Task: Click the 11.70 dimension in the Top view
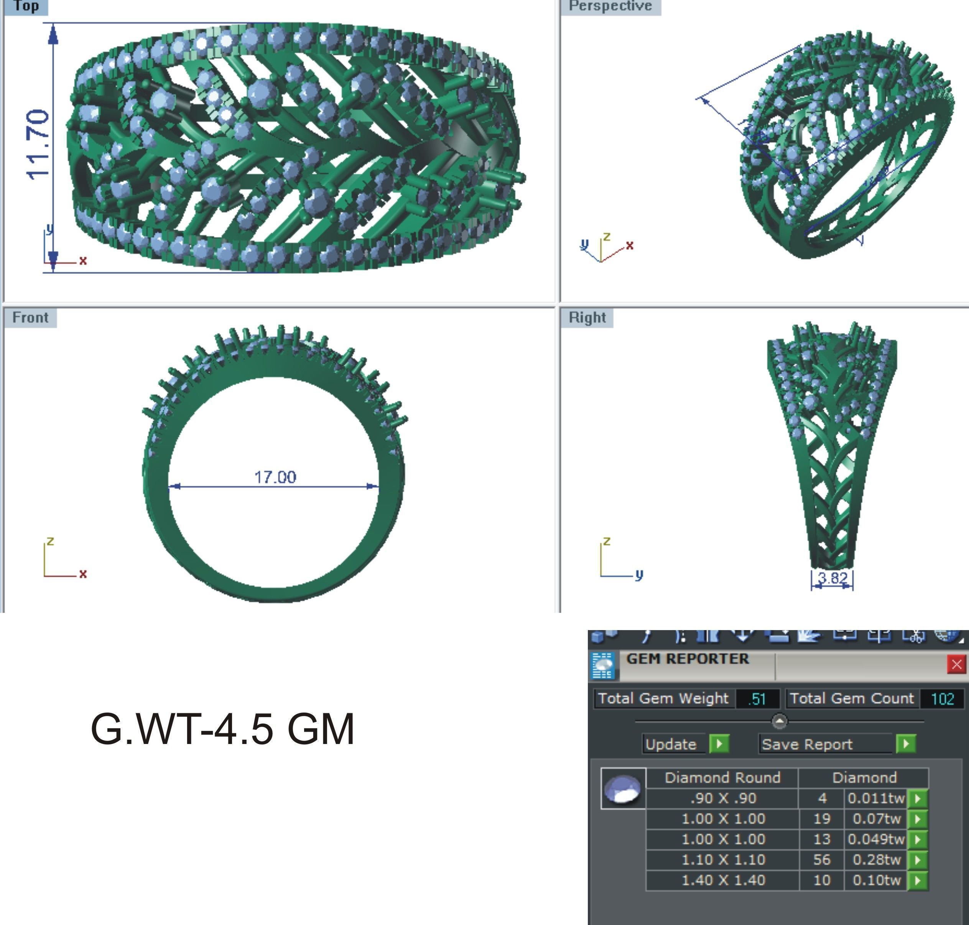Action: (38, 145)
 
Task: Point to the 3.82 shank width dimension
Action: (832, 578)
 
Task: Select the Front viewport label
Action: (30, 318)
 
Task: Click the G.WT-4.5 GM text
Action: (222, 729)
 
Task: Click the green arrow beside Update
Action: (719, 744)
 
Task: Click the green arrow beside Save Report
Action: (906, 744)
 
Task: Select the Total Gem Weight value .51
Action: (757, 699)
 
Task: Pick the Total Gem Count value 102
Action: (942, 699)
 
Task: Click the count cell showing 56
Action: (821, 859)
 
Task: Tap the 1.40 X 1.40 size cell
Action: (722, 880)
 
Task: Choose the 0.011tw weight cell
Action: (876, 798)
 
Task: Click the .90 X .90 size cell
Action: (722, 798)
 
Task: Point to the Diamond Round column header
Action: (722, 778)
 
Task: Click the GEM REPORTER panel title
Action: (688, 659)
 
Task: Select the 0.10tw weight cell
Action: (876, 880)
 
